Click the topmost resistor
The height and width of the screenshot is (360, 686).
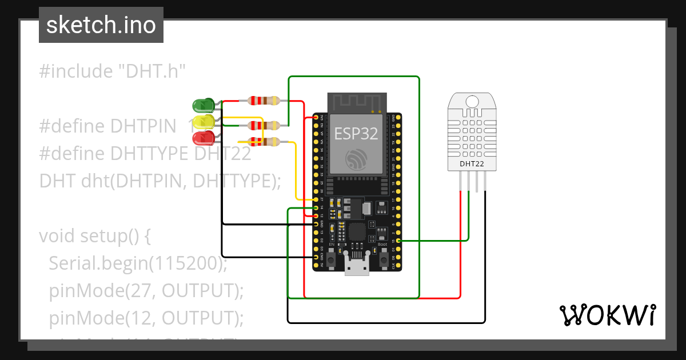263,101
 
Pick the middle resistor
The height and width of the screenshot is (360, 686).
263,125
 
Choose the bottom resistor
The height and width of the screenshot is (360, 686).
263,142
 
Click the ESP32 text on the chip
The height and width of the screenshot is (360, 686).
356,134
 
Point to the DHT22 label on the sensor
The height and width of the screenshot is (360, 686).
472,164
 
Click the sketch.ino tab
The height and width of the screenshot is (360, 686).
101,25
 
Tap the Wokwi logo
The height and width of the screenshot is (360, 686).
607,315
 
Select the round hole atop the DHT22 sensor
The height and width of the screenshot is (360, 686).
472,102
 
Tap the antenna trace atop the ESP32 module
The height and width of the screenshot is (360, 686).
356,103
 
